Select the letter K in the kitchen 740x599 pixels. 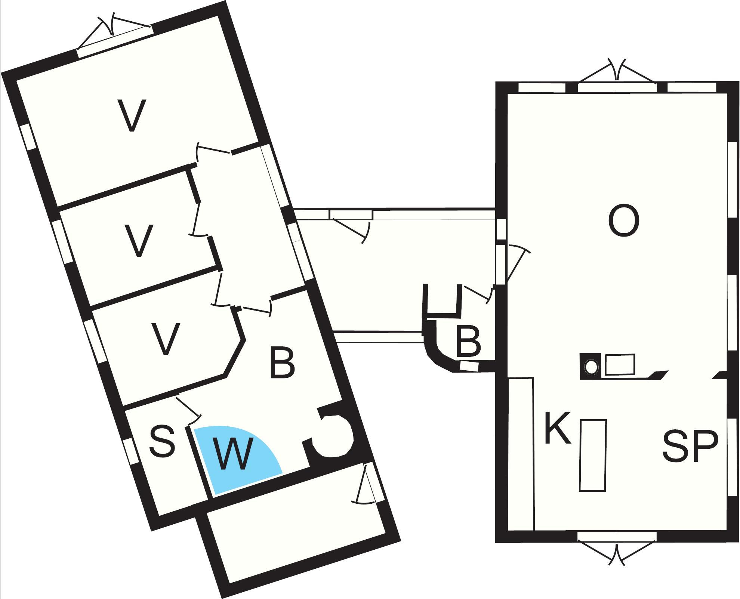tap(558, 427)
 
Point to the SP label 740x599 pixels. tap(690, 447)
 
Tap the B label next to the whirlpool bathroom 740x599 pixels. tap(282, 362)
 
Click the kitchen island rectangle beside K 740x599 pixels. tap(593, 455)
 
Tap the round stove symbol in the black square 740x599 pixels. tap(591, 367)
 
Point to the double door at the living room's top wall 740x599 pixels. tap(617, 75)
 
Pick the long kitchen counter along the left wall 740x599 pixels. tap(521, 454)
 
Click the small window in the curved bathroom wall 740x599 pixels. tap(469, 366)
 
